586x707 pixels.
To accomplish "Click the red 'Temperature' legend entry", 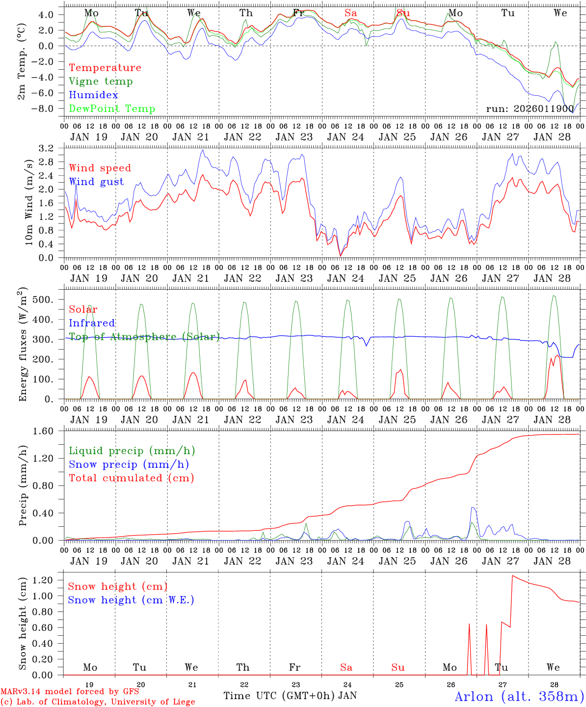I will tap(105, 68).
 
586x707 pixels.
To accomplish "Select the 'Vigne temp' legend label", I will tap(101, 82).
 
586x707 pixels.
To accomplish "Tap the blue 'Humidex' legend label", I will tap(93, 95).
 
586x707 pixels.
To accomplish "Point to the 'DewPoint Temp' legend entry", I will tap(112, 109).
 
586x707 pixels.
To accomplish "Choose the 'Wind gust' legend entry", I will tap(96, 182).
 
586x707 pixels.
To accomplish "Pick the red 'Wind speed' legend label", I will tap(100, 168).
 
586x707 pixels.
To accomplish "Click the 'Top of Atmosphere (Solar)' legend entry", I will tap(144, 337).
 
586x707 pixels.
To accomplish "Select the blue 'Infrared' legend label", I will tap(92, 323).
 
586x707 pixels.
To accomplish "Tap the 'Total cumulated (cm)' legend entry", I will tap(131, 478).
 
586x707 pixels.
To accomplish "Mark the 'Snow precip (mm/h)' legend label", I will tap(129, 464).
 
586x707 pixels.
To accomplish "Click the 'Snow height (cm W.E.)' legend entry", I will tap(131, 600).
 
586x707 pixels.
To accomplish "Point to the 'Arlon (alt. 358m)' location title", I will tap(519, 696).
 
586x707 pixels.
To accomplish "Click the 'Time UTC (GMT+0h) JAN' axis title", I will tap(290, 696).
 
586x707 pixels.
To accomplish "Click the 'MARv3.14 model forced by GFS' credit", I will tap(69, 691).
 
